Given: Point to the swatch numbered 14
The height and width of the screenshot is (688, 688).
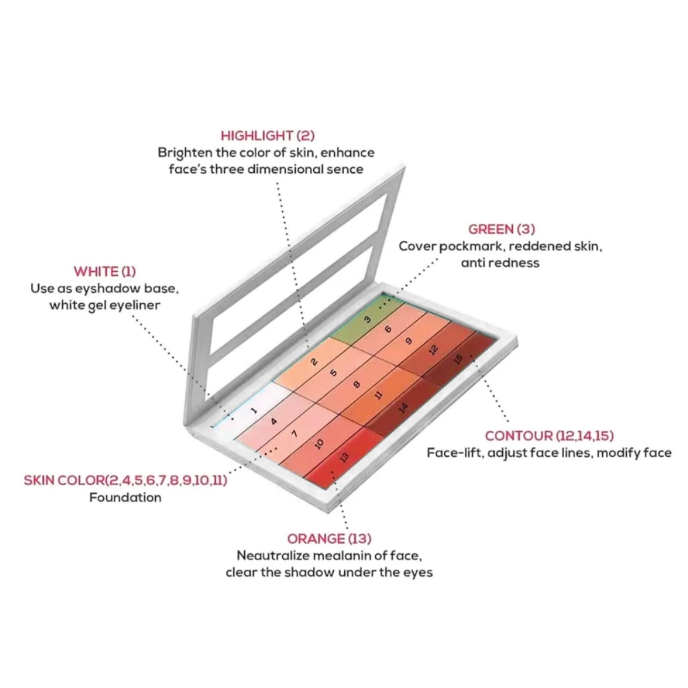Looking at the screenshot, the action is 403,408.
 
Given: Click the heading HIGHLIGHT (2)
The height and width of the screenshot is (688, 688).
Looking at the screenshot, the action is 268,136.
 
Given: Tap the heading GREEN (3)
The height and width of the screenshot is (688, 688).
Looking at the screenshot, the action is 502,229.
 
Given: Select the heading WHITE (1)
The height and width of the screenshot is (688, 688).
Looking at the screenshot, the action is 105,272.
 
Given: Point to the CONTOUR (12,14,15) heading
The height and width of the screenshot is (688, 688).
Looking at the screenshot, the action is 549,436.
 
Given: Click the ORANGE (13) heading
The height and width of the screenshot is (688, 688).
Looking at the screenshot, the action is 329,539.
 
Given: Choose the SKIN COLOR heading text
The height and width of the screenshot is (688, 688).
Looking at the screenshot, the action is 125,480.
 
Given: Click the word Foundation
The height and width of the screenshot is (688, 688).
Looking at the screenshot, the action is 125,498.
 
